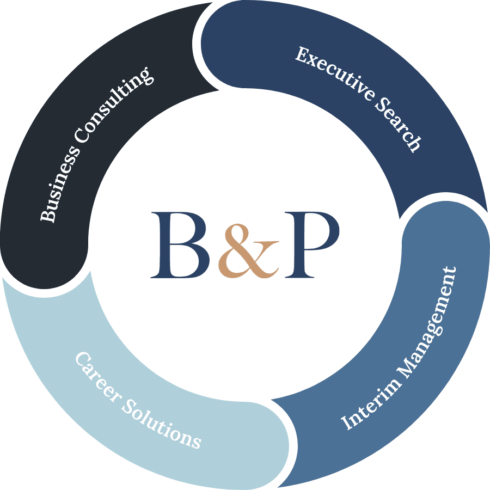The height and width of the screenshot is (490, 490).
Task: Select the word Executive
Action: pyautogui.click(x=333, y=76)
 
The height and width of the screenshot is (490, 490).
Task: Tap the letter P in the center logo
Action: pyautogui.click(x=310, y=244)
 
